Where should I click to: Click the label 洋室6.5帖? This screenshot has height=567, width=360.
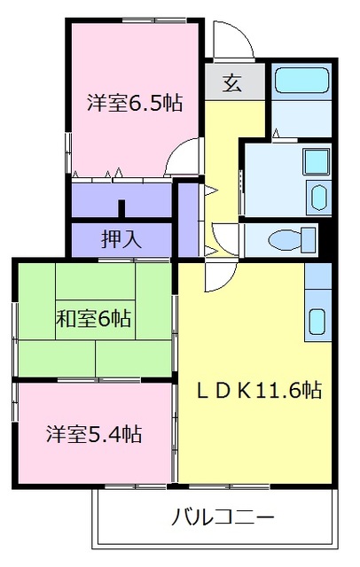coord(135,103)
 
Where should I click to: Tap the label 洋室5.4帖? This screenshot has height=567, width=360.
coord(94,434)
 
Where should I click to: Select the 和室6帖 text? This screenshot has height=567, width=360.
coord(93,319)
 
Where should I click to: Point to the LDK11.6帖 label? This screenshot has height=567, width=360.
coord(259,390)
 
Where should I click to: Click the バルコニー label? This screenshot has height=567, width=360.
coord(223,517)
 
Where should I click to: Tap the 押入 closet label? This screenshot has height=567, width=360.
coord(121,239)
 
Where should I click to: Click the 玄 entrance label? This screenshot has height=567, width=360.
coord(232,82)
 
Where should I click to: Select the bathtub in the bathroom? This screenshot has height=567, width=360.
coord(301,81)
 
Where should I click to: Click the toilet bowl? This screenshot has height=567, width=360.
coord(285,240)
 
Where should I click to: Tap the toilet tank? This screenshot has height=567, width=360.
coord(309,240)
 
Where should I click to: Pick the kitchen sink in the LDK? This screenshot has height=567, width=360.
coord(318,322)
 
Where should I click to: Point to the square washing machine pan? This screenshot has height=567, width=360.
coord(316,161)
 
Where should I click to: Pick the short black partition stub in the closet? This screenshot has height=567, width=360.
coord(121,209)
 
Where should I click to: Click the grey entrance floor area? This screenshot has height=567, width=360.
coord(235,82)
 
